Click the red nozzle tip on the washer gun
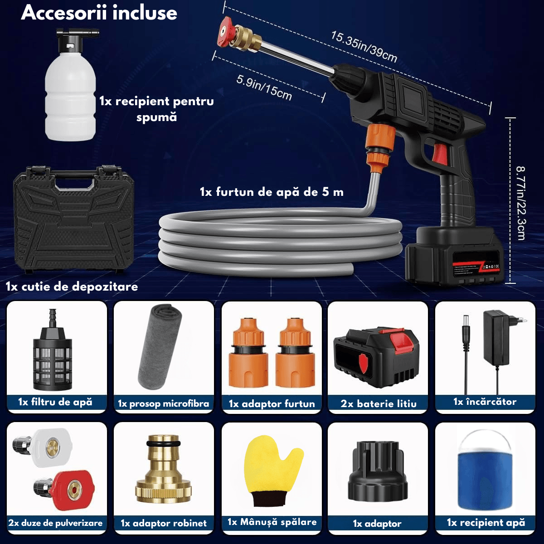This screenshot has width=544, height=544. [x=226, y=31]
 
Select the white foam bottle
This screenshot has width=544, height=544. [x=71, y=85]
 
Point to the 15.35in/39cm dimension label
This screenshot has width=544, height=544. [x=364, y=47]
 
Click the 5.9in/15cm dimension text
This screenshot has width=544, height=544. [x=264, y=87]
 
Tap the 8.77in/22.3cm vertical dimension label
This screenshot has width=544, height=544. [x=521, y=203]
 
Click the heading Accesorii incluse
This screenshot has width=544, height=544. [x=99, y=13]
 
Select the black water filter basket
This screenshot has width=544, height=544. [x=53, y=350]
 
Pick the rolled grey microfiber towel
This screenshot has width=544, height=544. [x=160, y=347]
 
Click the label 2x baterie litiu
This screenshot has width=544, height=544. [x=379, y=404]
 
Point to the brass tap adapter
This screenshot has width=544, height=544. [x=164, y=469]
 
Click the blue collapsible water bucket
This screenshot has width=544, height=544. [x=485, y=470]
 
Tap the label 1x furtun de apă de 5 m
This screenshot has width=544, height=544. [x=272, y=192]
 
